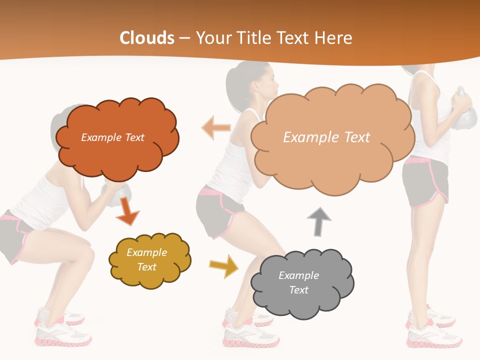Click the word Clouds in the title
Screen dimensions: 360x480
146,38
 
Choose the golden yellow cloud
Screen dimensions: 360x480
149,259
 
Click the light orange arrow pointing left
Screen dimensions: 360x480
215,127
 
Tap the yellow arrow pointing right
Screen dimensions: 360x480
224,265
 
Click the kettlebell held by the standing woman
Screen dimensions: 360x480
464,112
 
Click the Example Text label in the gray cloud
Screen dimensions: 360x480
298,282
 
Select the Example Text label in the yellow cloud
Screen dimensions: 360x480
146,259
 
